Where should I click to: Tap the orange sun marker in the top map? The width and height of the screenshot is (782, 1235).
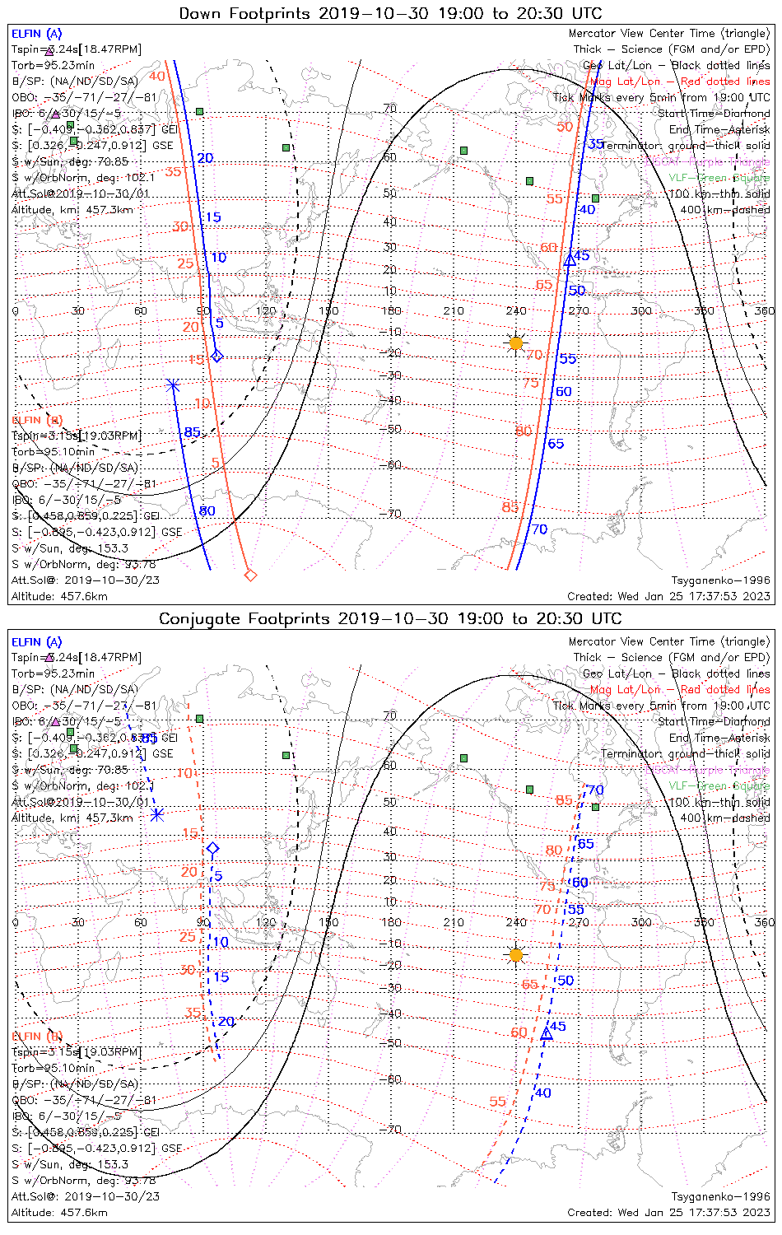coord(516,343)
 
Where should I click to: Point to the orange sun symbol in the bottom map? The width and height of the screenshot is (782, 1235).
coord(516,955)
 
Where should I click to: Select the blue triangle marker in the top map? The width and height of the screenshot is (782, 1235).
coord(570,260)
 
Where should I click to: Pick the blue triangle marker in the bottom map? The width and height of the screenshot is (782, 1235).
coord(546,1033)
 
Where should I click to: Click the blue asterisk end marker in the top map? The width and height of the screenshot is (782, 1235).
coord(173,384)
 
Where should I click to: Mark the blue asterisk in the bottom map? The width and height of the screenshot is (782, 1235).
coord(157,815)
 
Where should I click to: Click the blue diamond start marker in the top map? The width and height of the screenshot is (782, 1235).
coord(217,356)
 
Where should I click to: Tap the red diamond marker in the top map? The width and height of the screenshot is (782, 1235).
coord(251,575)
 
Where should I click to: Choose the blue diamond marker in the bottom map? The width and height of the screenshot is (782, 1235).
coord(213,848)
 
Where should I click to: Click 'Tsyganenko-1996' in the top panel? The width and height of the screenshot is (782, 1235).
coord(720,580)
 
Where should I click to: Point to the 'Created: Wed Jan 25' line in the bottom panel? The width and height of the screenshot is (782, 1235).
coord(668,1212)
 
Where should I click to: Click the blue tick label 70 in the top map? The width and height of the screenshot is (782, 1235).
coord(539,529)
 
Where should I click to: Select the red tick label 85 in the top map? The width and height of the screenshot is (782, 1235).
coord(510,507)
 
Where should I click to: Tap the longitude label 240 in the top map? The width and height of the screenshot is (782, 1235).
coord(516,311)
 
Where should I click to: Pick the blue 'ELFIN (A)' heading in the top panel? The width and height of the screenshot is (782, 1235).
coord(37,34)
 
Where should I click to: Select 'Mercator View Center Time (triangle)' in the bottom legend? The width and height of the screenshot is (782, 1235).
coord(669,641)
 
